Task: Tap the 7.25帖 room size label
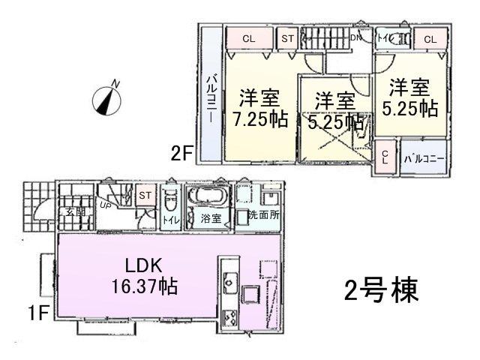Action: click(x=259, y=120)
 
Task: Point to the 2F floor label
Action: click(x=182, y=154)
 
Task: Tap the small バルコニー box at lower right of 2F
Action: click(x=424, y=158)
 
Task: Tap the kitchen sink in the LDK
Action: click(x=229, y=285)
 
